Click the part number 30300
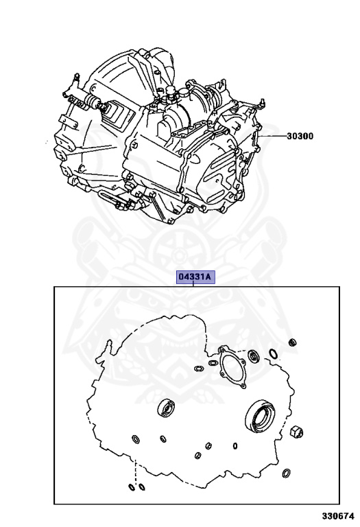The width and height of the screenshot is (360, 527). pos(300,136)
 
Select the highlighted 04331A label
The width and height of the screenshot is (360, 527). pos(195,277)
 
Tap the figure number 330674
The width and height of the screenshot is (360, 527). pos(338,516)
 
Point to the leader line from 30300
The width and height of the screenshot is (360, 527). pos(273,136)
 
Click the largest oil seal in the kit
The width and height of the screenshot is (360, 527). pos(261,415)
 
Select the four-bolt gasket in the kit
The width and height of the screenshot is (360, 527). pos(232,367)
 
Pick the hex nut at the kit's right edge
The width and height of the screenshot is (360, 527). pos(296,431)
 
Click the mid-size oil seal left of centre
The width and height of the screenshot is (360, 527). pos(166,408)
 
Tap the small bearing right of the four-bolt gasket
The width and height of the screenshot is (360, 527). pos(254,355)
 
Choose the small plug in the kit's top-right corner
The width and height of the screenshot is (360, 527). pos(293,343)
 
